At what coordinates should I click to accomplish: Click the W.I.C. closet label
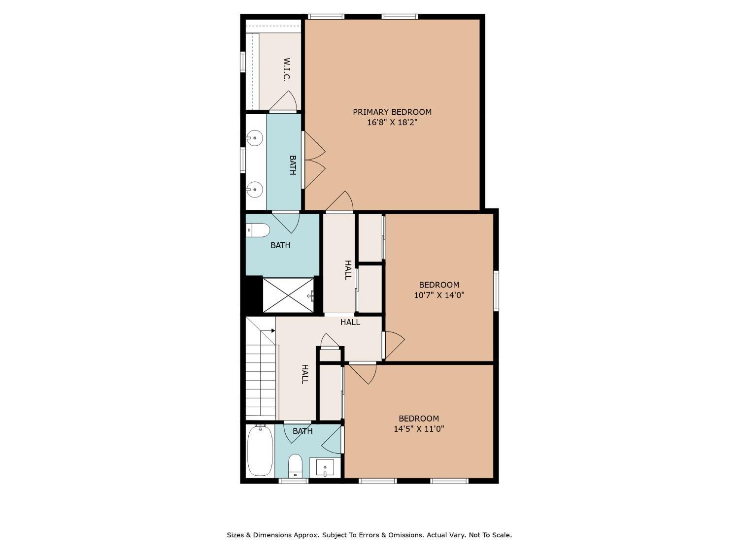pos(286,69)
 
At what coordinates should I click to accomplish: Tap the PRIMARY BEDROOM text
pos(392,112)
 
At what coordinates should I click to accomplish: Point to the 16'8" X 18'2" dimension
pos(392,122)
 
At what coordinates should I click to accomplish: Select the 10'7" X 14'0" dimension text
pos(439,295)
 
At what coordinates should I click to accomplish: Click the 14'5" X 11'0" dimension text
pos(419,429)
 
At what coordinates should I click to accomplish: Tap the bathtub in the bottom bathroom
pos(260,451)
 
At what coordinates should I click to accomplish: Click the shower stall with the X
pos(288,295)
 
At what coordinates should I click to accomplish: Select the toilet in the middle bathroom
pos(258,230)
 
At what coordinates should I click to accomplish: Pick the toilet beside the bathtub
pos(296,466)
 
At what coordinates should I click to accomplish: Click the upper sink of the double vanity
pos(254,137)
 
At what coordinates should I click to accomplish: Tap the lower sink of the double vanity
pos(254,190)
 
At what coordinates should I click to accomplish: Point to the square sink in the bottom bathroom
pos(325,467)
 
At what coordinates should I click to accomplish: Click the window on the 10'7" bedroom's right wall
pos(496,291)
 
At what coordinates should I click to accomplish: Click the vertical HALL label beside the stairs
pos(304,374)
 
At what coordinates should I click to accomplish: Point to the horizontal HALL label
pos(350,322)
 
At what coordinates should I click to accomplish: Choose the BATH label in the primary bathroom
pos(293,165)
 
